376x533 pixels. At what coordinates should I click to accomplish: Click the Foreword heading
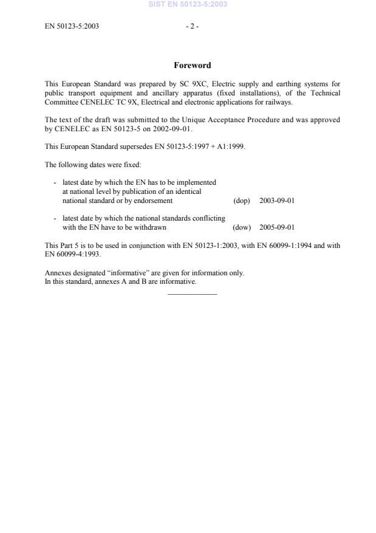(192, 66)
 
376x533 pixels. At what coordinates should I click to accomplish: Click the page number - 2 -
(192, 26)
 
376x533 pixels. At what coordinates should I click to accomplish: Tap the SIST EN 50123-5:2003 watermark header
(188, 4)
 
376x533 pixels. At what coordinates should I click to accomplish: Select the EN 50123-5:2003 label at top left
(72, 26)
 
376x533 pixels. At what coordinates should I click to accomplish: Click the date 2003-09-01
(276, 201)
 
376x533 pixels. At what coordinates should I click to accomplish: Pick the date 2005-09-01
(276, 227)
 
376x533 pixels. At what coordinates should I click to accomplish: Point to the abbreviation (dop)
(242, 201)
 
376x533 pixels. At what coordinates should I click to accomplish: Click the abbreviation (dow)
(242, 227)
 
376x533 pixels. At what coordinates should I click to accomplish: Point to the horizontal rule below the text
(192, 294)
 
